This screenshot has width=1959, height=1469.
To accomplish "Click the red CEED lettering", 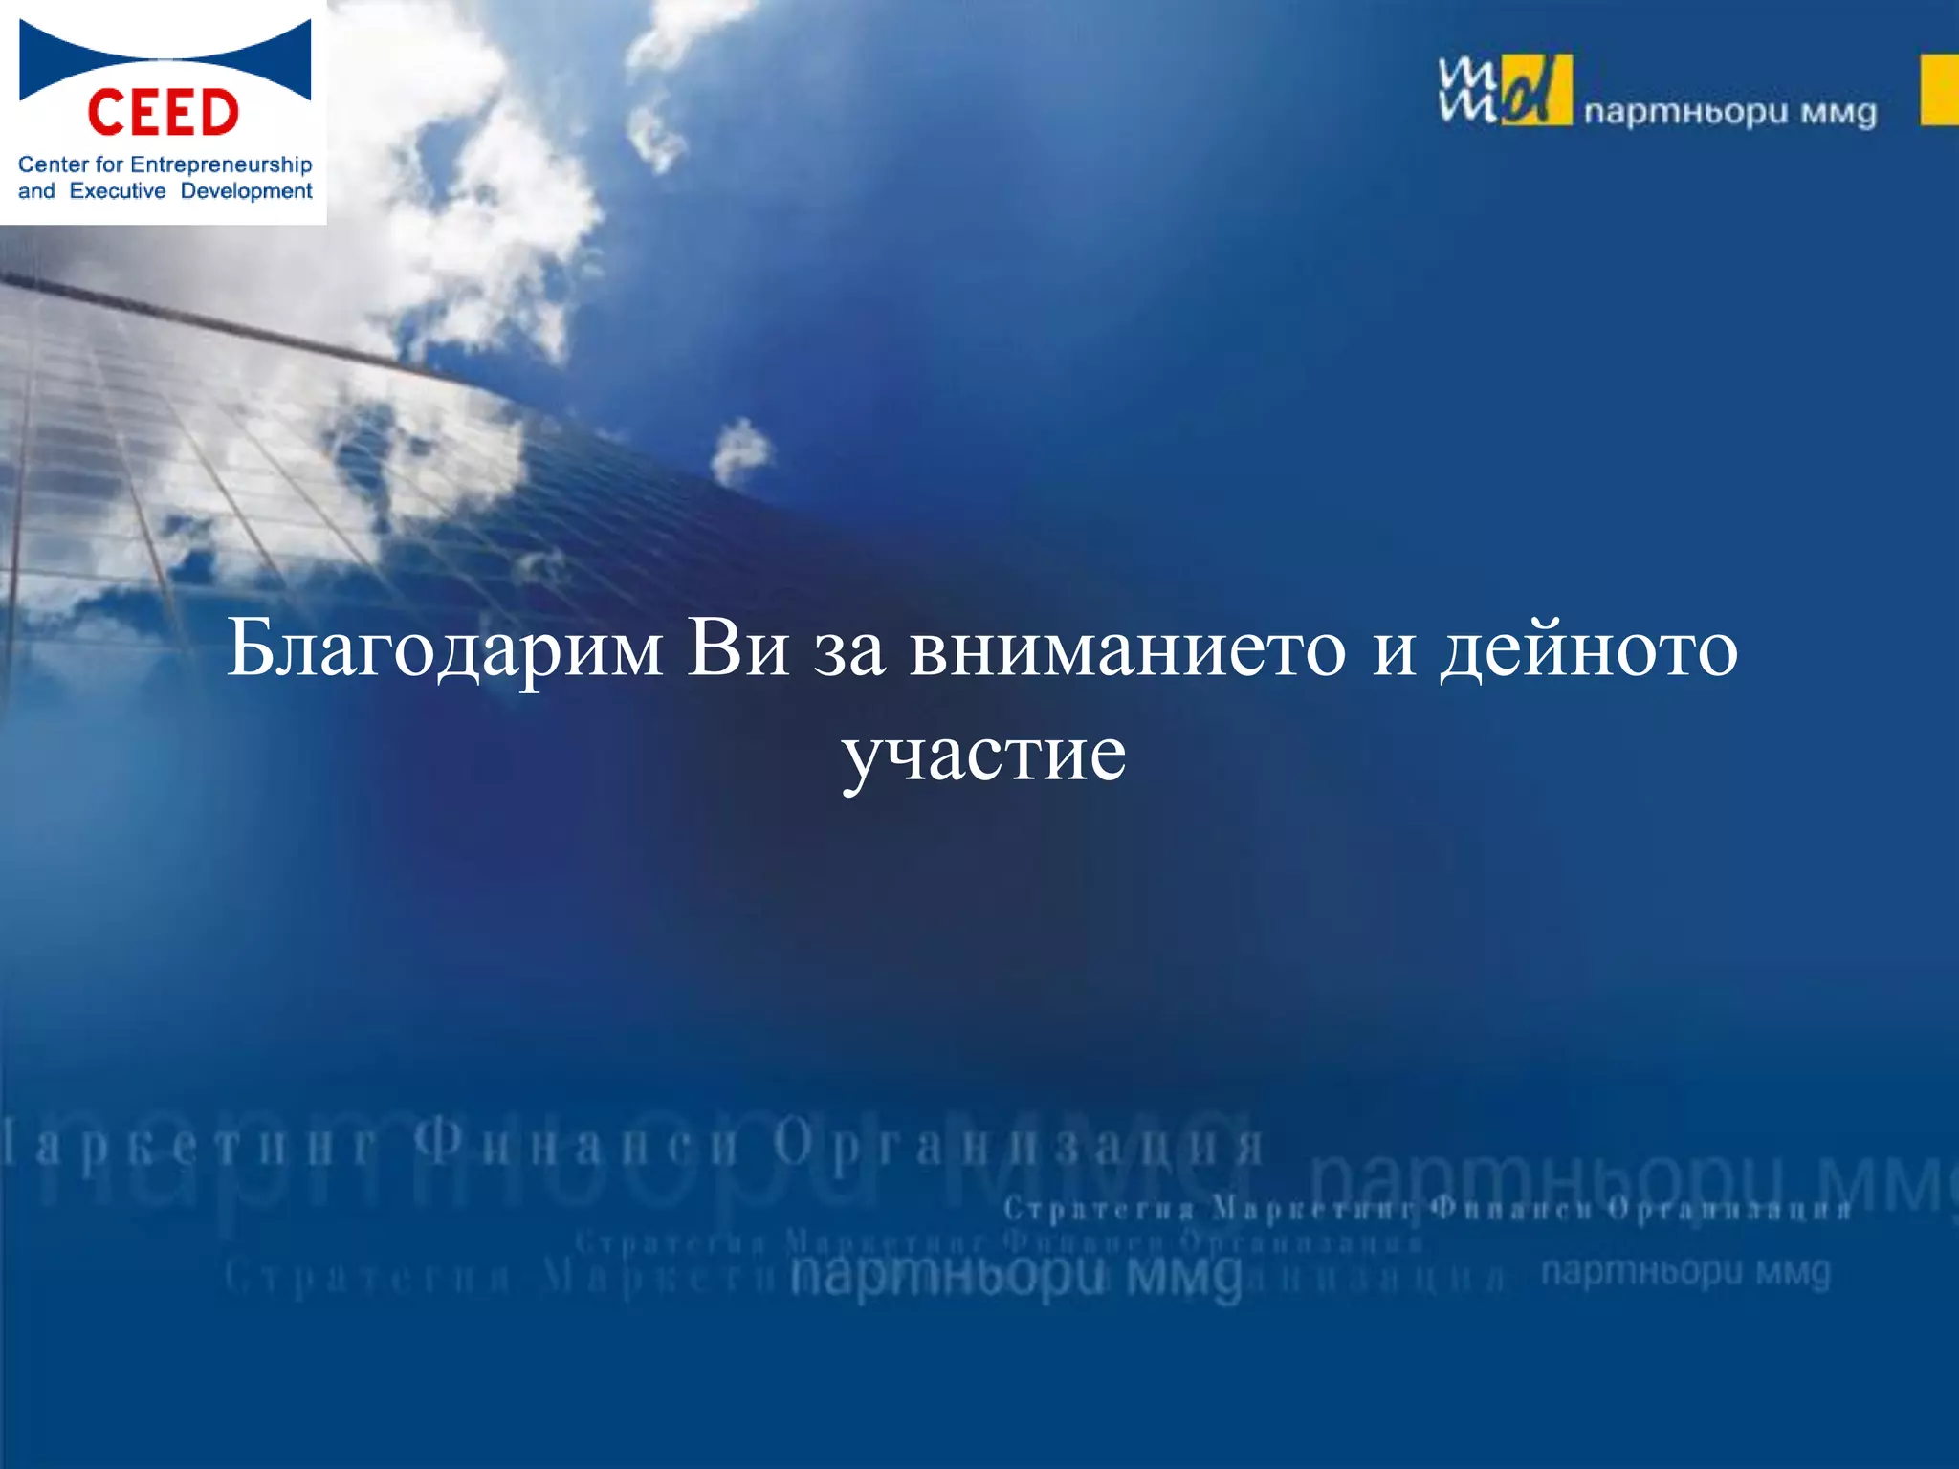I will (163, 113).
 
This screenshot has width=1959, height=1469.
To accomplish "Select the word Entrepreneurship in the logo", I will (221, 164).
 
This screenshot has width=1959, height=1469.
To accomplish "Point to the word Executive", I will (118, 191).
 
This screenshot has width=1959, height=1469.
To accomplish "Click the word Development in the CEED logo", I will (246, 191).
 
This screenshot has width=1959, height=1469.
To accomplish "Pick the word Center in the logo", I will (53, 164).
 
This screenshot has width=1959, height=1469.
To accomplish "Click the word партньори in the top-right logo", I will (1685, 113).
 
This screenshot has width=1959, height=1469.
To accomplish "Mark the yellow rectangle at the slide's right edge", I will (1939, 90).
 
